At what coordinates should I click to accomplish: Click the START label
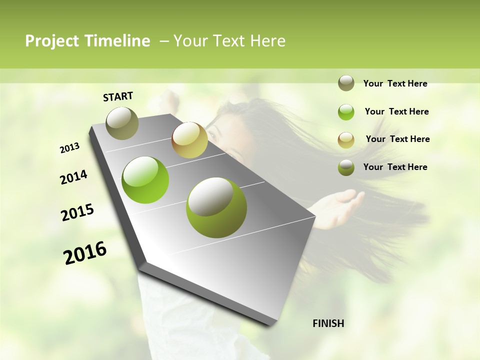118,96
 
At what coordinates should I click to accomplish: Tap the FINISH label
328,323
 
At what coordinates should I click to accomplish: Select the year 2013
70,148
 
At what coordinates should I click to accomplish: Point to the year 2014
73,177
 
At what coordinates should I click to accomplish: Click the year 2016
85,253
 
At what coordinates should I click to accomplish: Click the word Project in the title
52,41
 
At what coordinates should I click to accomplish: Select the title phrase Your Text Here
229,41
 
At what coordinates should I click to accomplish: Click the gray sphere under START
122,123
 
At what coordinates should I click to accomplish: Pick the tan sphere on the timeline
189,140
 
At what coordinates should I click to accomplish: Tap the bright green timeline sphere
145,180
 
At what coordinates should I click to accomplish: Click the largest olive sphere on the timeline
216,207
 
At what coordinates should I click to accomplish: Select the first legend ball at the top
346,83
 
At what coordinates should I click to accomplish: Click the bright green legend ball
346,112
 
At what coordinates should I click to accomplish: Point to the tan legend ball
346,140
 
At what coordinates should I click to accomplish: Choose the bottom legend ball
346,167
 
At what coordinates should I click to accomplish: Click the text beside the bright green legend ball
396,111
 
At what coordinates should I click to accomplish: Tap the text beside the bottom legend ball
395,167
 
